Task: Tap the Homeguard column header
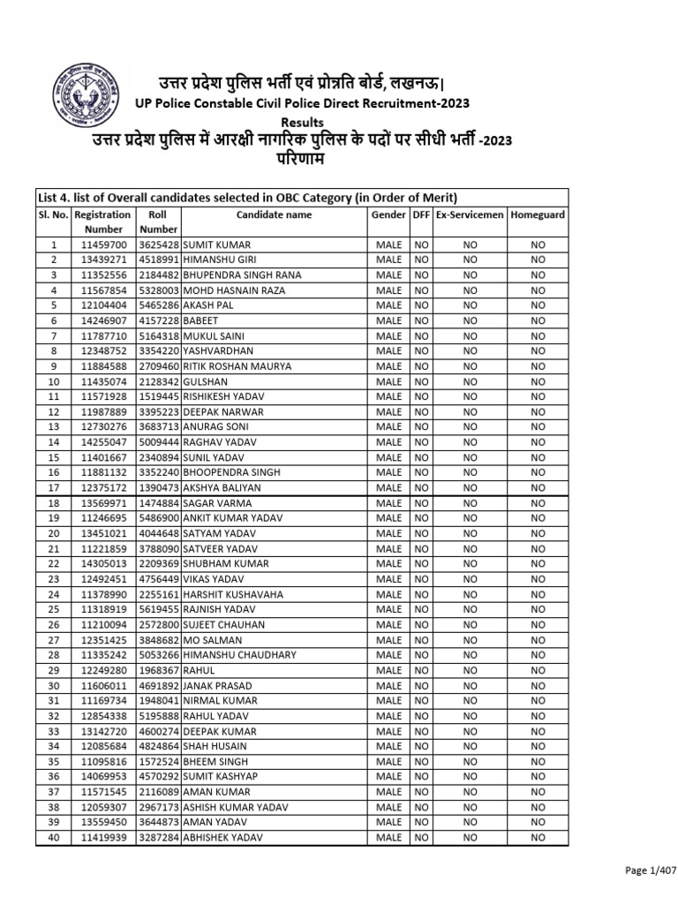538,215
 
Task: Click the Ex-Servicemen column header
469,215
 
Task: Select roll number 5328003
159,290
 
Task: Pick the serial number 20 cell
53,533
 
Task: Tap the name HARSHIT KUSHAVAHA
228,594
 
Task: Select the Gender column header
388,215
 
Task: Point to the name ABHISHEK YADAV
217,838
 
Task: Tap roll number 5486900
159,518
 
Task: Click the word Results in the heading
302,122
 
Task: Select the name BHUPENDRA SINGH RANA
241,275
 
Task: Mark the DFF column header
421,215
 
